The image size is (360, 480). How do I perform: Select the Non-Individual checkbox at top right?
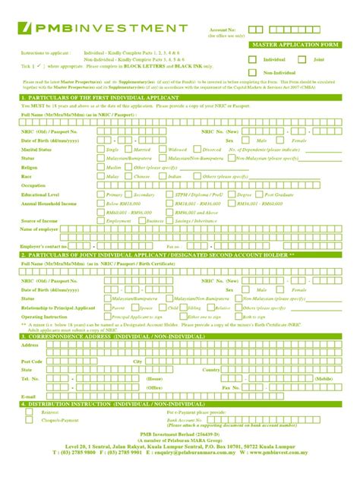254,71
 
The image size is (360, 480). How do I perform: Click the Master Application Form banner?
295,46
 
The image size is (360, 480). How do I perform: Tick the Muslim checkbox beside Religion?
101,166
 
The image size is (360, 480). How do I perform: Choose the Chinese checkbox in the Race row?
129,175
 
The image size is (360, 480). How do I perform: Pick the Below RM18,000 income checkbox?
101,203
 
